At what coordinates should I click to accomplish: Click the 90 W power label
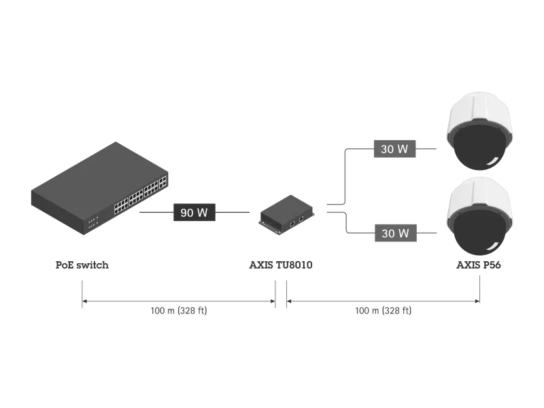point(194,213)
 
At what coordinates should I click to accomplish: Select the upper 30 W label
point(394,150)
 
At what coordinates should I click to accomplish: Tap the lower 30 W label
point(394,233)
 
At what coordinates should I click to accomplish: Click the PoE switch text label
point(82,265)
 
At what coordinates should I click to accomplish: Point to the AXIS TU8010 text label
point(281,265)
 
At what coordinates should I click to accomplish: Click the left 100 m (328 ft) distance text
point(178,311)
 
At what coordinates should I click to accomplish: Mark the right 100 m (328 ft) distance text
point(383,311)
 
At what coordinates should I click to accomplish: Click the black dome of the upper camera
point(480,148)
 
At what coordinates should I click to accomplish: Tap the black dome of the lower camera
point(480,232)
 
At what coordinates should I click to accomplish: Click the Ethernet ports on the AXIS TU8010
point(296,222)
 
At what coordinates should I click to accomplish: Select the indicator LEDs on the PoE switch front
point(92,221)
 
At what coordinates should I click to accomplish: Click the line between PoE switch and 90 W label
point(156,213)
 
